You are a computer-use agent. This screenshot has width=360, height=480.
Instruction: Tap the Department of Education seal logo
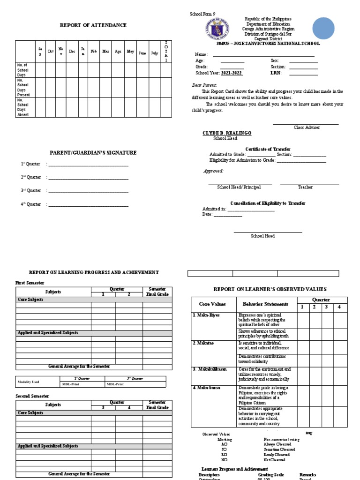(x=217, y=29)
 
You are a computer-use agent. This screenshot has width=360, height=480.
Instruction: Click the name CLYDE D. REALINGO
(x=227, y=133)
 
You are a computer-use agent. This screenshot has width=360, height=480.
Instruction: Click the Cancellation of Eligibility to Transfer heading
(x=268, y=203)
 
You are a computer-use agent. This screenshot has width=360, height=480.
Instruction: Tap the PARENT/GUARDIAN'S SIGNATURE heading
(x=93, y=153)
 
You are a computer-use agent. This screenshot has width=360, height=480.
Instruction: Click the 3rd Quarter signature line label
(x=31, y=191)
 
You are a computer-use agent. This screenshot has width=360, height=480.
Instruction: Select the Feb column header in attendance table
(x=94, y=52)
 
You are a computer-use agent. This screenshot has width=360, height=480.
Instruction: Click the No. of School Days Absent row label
(x=23, y=107)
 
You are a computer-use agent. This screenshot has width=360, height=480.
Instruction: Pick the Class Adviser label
(x=306, y=127)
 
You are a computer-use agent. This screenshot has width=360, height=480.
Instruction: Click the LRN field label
(x=276, y=73)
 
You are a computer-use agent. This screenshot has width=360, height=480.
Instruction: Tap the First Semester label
(x=30, y=283)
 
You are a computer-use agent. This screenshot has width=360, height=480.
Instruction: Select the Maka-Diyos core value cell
(x=207, y=315)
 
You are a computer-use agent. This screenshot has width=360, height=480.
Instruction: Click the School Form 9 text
(x=202, y=15)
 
